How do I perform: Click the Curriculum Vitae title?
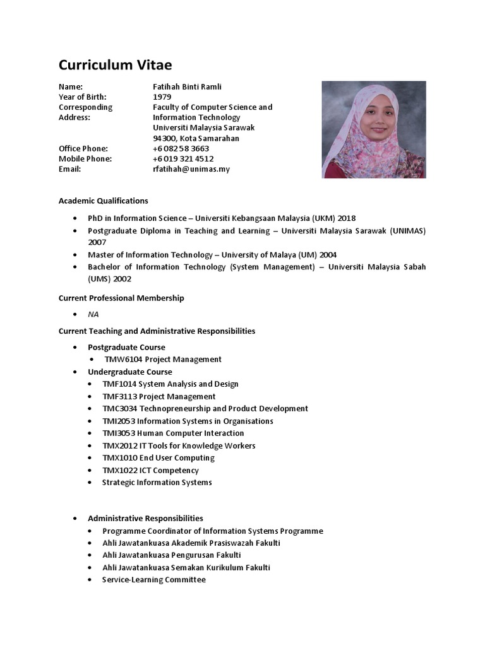tap(115, 65)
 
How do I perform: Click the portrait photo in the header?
tap(369, 130)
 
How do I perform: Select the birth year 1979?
tap(162, 97)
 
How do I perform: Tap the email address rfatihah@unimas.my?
tap(191, 169)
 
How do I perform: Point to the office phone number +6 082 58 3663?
tap(181, 148)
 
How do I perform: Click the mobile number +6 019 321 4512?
tap(183, 159)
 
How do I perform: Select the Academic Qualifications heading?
tap(103, 201)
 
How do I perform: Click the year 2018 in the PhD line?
tap(347, 218)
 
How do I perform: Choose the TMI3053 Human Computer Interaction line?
tap(173, 433)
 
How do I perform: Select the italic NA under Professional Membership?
tap(93, 314)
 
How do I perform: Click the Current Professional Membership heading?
tap(121, 298)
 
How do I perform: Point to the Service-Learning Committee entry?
tap(154, 580)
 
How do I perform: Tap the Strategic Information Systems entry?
tap(157, 483)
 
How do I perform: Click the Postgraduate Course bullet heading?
tap(126, 347)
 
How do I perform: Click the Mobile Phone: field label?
tap(85, 159)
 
